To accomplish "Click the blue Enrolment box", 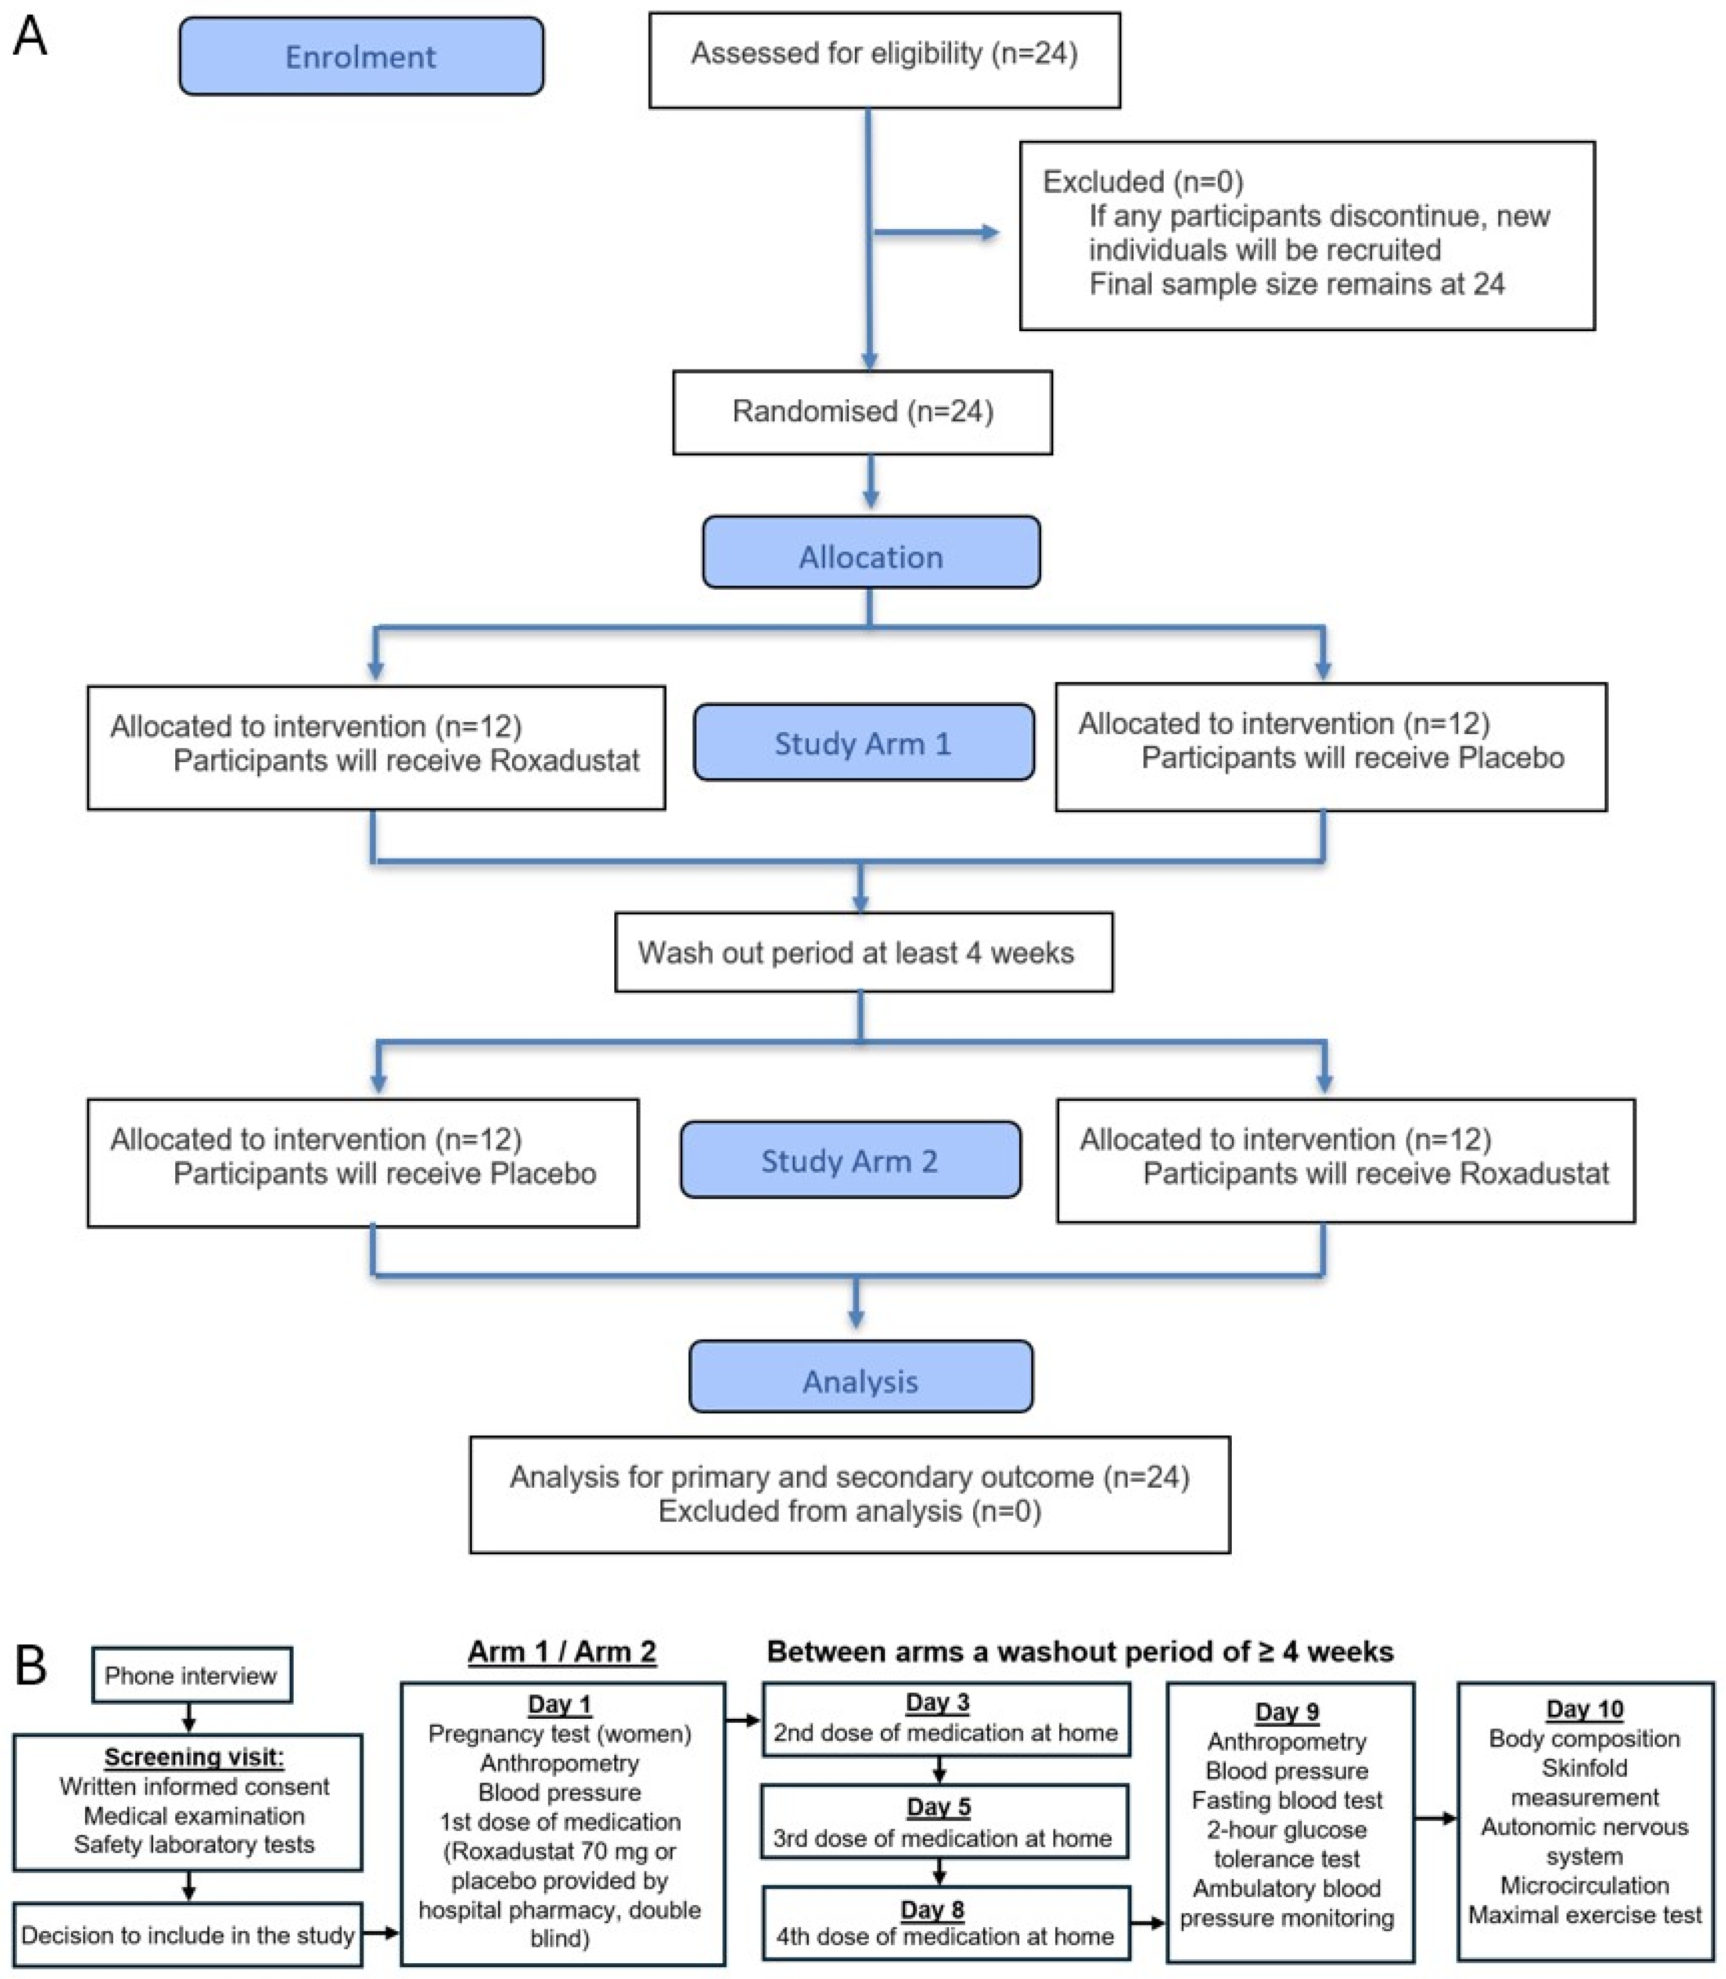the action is pyautogui.click(x=361, y=57).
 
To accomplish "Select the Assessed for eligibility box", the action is pyautogui.click(x=884, y=60).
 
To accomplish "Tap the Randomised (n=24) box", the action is pyautogui.click(x=862, y=412).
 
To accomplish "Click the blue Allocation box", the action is pyautogui.click(x=871, y=552).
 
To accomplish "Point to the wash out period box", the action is pyautogui.click(x=864, y=953).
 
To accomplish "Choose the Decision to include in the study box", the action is pyautogui.click(x=188, y=1934).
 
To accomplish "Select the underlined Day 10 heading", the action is pyautogui.click(x=1585, y=1709).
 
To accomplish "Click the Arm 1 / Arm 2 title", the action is pyautogui.click(x=562, y=1652).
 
